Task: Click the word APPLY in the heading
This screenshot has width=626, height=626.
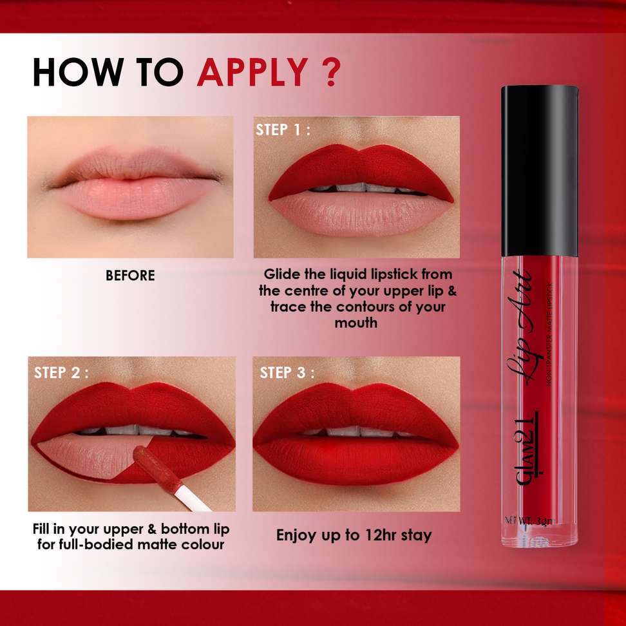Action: pos(252,72)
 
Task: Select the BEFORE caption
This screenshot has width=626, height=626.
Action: pos(130,276)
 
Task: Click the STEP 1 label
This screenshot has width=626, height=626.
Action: pos(283,129)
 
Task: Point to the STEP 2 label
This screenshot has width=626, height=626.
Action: pos(61,372)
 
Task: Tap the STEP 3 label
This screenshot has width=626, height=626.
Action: pos(287,372)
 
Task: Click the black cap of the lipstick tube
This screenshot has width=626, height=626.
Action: pos(539,171)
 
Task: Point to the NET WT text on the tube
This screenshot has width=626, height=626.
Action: pos(530,520)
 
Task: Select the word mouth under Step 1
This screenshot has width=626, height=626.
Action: pos(356,323)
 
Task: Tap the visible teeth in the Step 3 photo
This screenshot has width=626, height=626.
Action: pos(356,431)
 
